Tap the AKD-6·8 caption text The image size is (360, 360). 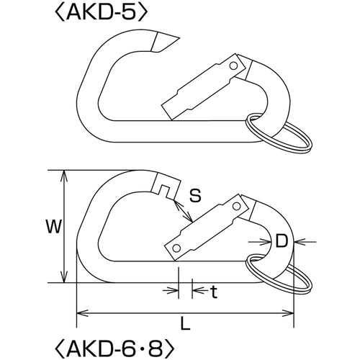tap(114, 348)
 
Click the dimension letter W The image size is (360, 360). tap(53, 226)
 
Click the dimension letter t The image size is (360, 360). tap(214, 292)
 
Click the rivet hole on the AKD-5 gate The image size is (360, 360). tap(233, 66)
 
